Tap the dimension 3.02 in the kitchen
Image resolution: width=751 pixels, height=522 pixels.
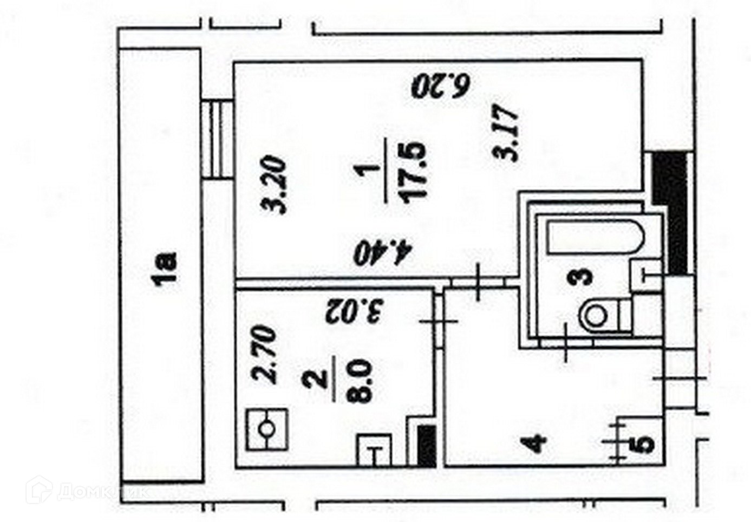point(355,310)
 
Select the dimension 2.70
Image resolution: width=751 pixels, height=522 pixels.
point(266,355)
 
